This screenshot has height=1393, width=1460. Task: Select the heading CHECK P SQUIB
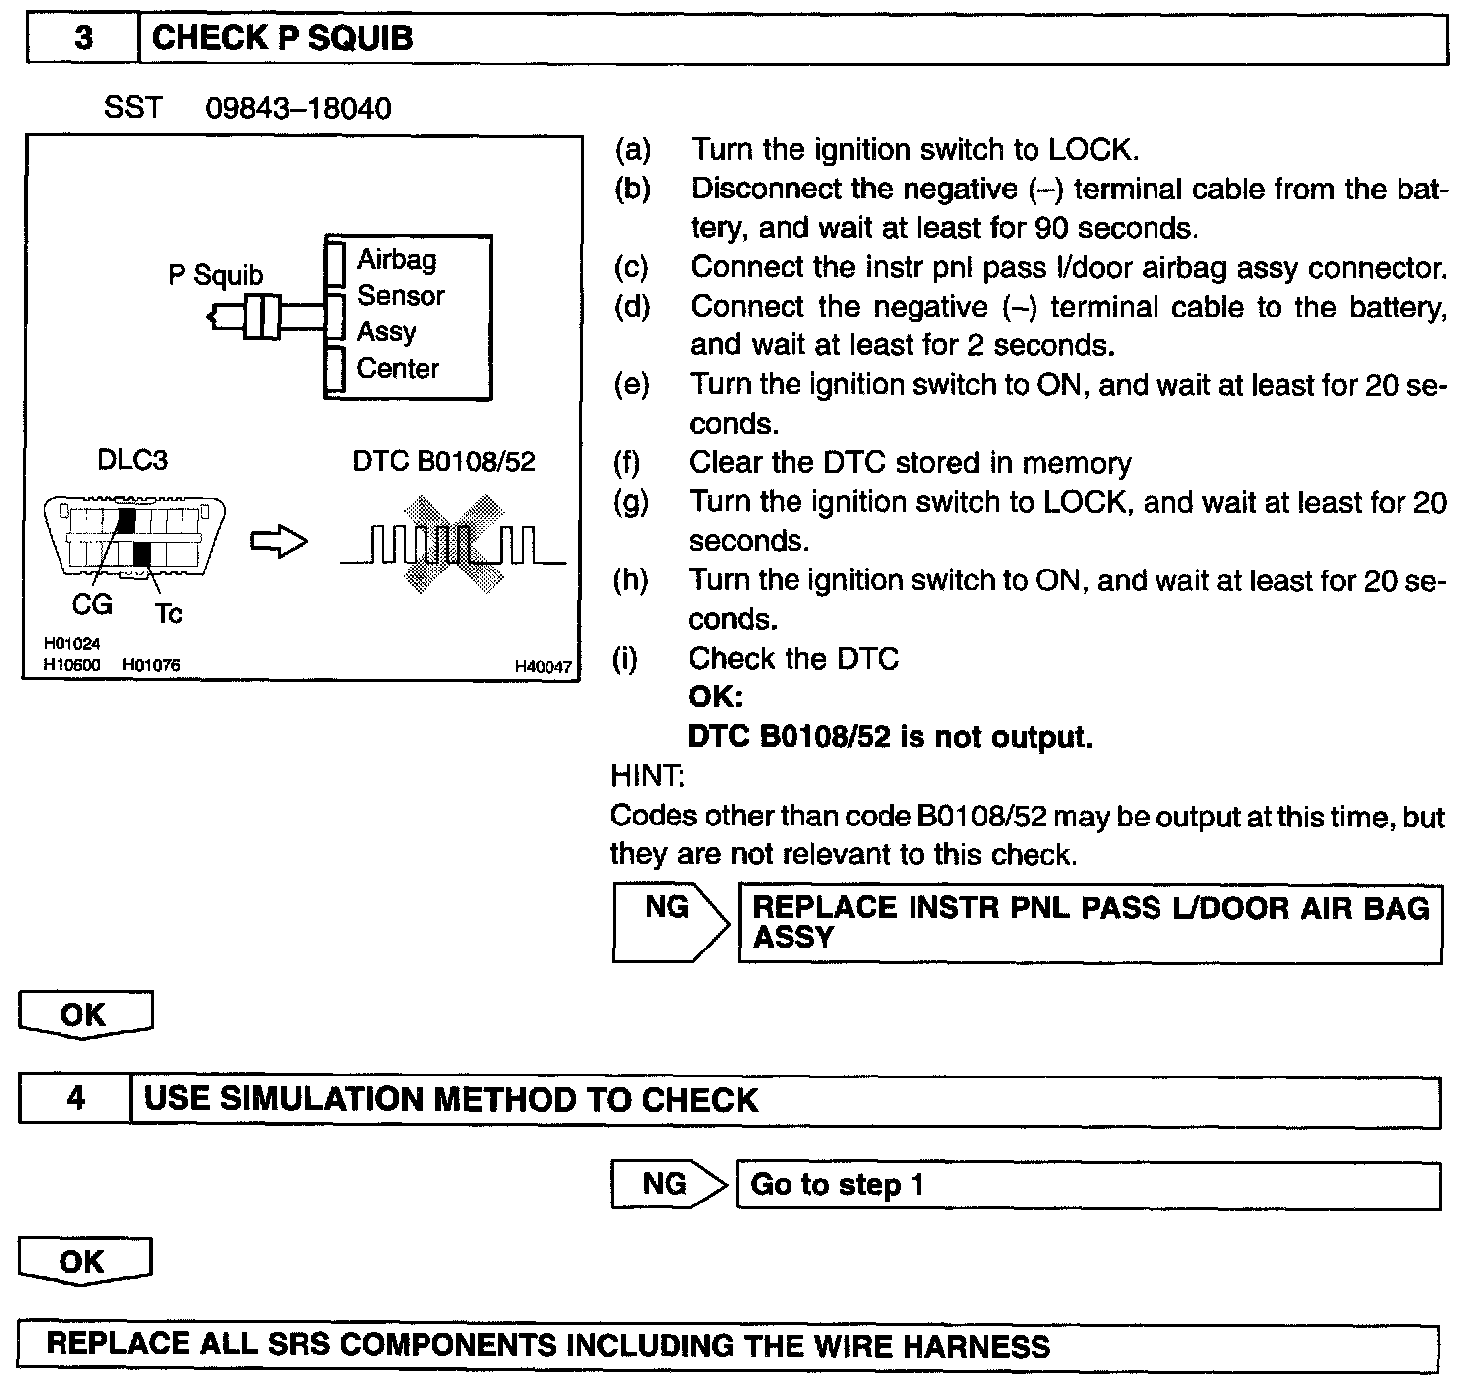point(283,39)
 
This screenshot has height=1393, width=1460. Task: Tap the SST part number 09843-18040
point(298,108)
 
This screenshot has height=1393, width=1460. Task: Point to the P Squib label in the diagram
point(215,275)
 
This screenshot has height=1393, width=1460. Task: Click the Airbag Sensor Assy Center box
point(408,317)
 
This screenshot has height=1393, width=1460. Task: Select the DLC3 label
point(132,460)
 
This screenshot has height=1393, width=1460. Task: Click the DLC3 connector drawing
point(135,537)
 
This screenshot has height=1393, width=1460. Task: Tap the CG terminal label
point(92,603)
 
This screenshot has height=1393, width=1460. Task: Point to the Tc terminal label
point(168,614)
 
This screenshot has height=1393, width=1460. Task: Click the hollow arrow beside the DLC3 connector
point(279,542)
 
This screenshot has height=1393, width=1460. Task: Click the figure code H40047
point(542,667)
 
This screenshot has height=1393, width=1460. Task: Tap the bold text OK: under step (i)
point(715,696)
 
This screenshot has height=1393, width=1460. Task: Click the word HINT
point(647,775)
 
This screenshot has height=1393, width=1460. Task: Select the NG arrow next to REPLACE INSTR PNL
point(669,923)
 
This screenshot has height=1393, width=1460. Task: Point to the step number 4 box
point(75,1100)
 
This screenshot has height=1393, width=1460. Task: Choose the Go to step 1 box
point(1087,1185)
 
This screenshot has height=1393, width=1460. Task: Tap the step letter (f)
point(627,463)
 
